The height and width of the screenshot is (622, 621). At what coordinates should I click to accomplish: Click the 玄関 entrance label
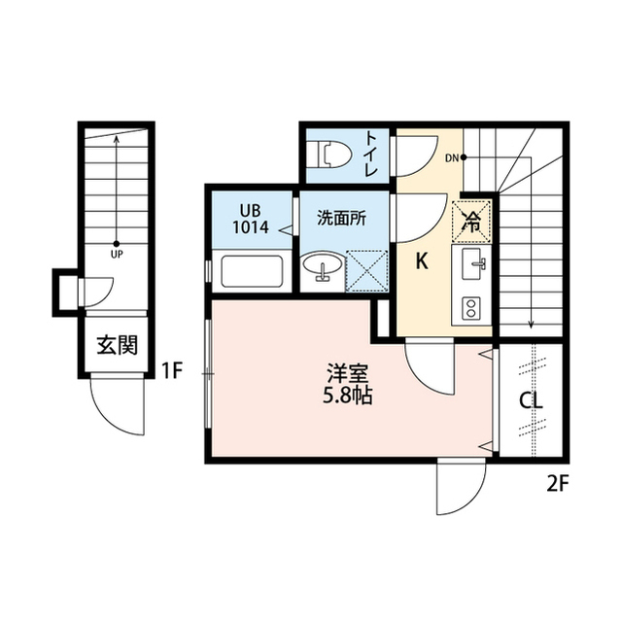[x=115, y=345]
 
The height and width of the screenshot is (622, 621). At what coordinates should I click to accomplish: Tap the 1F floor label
[x=172, y=369]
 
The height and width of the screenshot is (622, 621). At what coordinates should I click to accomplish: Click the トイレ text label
[x=373, y=154]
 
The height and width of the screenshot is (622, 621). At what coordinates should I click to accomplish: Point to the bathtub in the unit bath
[x=251, y=270]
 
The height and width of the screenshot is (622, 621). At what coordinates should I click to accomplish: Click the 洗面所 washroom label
[x=341, y=219]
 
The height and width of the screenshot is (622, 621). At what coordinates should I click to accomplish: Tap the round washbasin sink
[x=321, y=265]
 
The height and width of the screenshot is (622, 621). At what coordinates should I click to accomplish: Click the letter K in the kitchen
[x=422, y=259]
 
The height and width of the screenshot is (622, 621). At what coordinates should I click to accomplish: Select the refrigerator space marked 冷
[x=474, y=220]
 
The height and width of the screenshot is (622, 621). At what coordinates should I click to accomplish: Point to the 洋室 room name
[x=346, y=373]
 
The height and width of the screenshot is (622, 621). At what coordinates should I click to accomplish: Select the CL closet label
[x=531, y=400]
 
